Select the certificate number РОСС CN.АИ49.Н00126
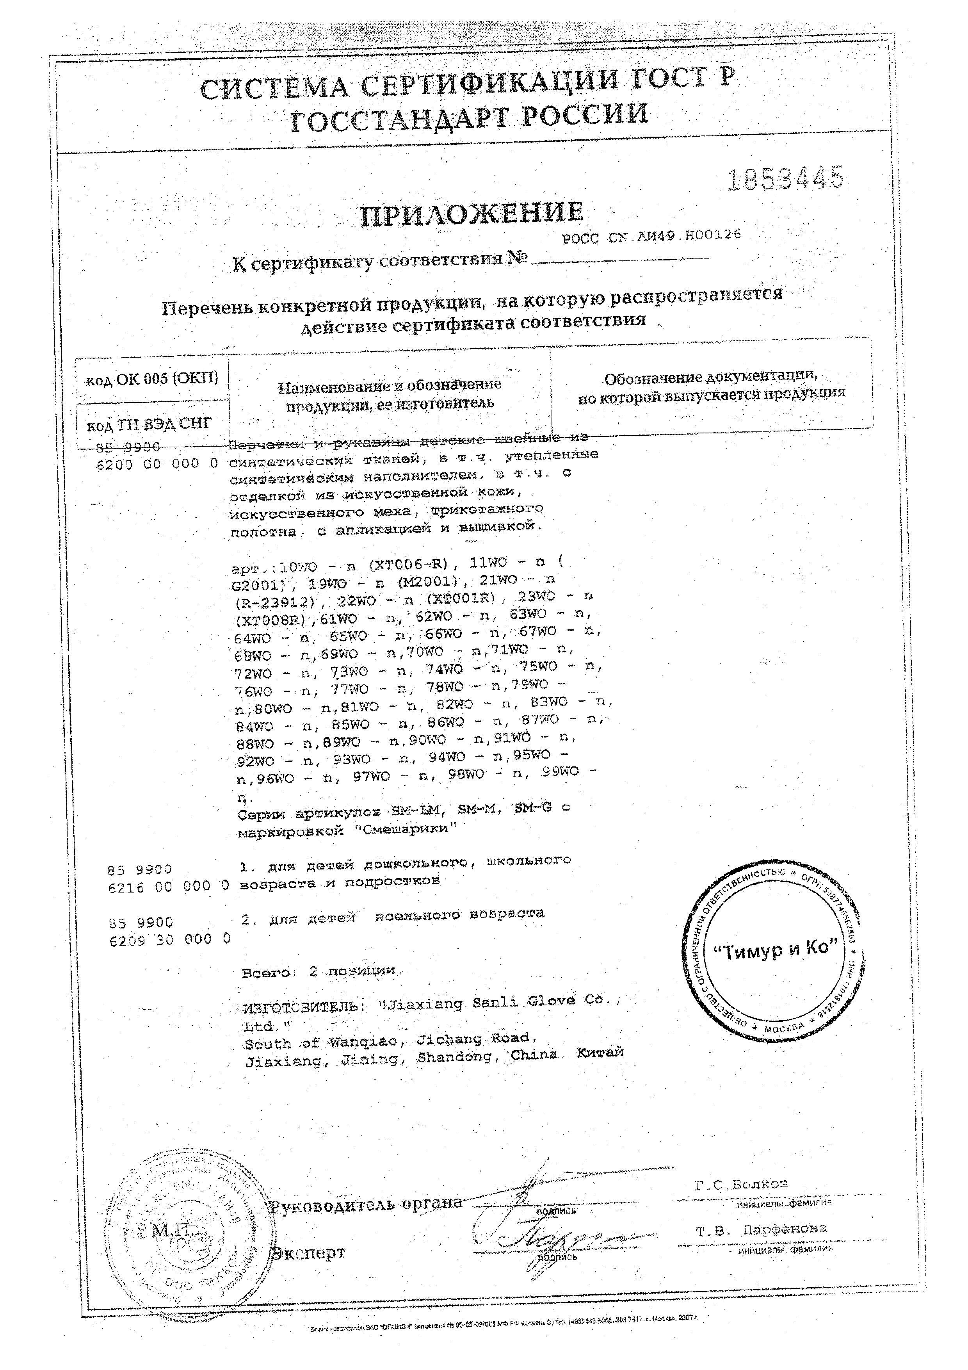click(x=652, y=236)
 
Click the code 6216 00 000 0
click(x=169, y=887)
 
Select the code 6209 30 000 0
click(x=170, y=939)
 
